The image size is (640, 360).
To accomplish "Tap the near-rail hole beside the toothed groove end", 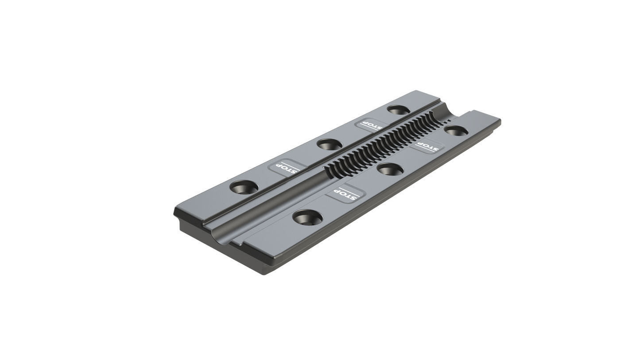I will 455,130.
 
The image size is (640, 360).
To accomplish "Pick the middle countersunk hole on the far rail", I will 329,144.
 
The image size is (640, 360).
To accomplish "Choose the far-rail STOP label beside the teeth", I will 369,124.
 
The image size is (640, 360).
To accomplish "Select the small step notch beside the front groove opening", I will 239,241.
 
